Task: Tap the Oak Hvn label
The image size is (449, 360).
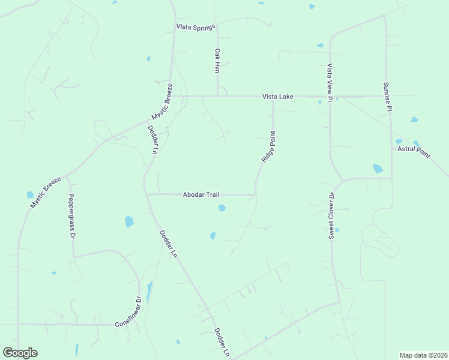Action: pos(217,61)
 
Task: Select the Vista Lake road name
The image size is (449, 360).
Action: pos(277,97)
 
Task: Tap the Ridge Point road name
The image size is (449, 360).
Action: pos(268,147)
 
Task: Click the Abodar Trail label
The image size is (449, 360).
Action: pos(201,194)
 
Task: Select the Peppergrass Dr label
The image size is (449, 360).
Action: pos(71,217)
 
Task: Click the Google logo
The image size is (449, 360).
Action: pos(20,353)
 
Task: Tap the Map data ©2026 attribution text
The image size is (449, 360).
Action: pos(424,355)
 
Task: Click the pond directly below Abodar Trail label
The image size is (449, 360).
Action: pos(221,208)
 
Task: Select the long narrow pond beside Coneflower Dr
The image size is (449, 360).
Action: pos(149,292)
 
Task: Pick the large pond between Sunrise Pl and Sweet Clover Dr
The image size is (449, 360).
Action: pos(378,169)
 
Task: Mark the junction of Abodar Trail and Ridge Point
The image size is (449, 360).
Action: pos(256,194)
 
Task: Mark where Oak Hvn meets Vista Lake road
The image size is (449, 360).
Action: pos(217,96)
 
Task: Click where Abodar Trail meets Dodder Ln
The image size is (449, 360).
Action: pos(147,194)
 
